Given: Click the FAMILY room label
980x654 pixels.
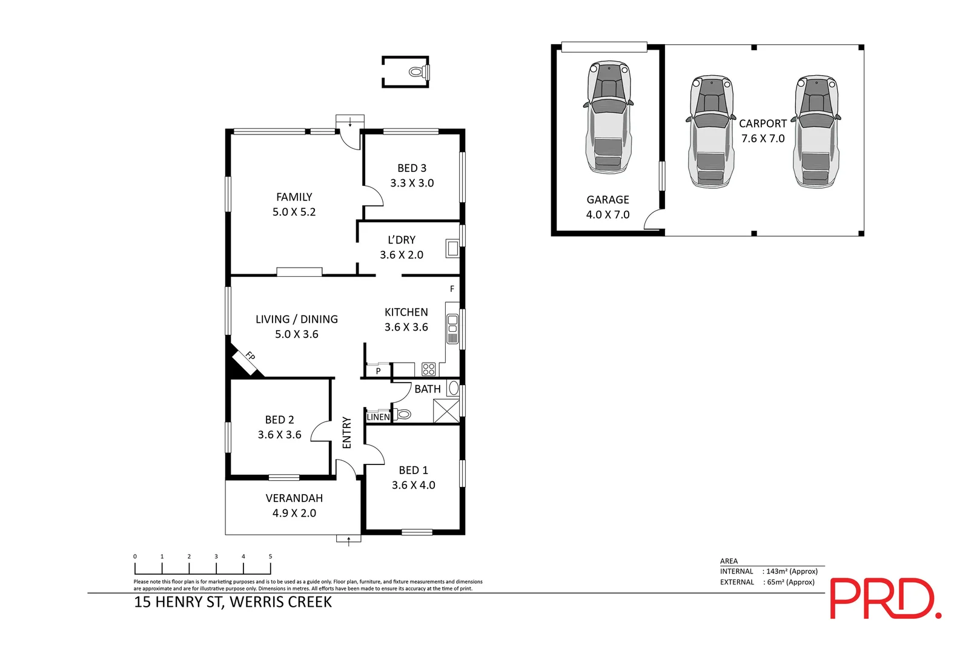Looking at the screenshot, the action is tap(294, 197).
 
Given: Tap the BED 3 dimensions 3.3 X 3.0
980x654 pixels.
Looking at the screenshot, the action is tap(412, 183).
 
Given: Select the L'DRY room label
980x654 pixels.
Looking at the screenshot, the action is tap(402, 240).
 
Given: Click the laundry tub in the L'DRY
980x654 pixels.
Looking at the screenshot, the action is tap(452, 248).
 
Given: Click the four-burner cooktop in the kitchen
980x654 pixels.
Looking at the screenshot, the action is tap(428, 369).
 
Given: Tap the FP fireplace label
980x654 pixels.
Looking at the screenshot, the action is tap(250, 356).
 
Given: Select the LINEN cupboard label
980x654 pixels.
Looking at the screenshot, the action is tap(378, 417).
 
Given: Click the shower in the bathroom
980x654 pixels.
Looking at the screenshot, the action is tap(446, 411).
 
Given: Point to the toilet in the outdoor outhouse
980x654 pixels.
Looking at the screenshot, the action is tap(419, 71).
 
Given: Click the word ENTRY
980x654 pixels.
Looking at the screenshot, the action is tap(347, 432).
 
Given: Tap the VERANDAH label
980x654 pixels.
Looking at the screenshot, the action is tap(294, 498).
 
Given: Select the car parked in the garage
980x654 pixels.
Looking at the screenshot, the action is tap(608, 117).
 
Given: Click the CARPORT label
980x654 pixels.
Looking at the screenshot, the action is tap(763, 124).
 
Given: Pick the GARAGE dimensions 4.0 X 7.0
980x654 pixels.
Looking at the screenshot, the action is tap(608, 215).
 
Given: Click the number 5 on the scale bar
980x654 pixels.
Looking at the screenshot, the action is tap(270, 557).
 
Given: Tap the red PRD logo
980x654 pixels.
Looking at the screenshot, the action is tap(886, 598).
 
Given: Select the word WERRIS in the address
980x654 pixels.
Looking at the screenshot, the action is tap(256, 603).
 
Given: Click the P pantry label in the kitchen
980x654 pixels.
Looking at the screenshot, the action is tap(378, 371).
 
